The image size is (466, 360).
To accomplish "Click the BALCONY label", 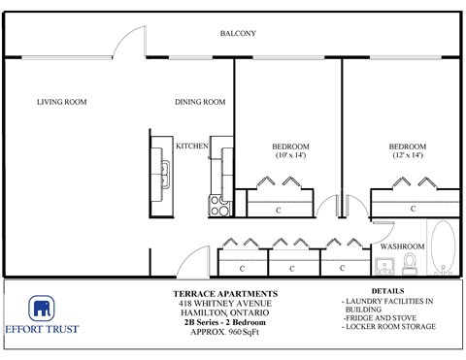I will [x=238, y=34].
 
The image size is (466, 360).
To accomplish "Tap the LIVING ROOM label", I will [x=62, y=102].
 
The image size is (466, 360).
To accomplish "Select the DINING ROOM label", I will [x=200, y=102].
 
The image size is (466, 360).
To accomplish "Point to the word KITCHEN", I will [x=192, y=147].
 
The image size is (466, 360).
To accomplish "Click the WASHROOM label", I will [x=401, y=247].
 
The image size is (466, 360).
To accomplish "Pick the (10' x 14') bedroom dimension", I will [x=290, y=155].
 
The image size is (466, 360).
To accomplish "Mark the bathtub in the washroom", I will [x=442, y=247].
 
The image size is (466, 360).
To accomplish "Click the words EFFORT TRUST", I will [x=41, y=329].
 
